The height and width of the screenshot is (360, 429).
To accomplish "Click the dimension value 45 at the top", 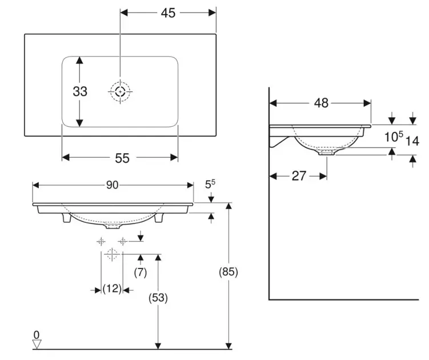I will pos(168,12).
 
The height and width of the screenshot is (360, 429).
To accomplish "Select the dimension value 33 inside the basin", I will pos(80,91).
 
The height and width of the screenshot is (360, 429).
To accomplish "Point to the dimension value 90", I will pos(113,185).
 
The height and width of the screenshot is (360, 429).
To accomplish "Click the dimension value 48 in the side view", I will pos(321,103).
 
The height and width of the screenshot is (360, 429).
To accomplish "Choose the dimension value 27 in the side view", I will pos(299,175).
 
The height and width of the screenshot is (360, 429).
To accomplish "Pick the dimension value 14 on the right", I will pos(412,141).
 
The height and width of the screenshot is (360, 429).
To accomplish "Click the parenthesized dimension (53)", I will pos(157,297).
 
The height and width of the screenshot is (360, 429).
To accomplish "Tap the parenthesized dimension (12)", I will pos(112,289).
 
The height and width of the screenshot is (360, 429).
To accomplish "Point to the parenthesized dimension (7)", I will pos(140,273).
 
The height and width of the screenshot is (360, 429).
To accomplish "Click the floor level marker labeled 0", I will pos(37,342).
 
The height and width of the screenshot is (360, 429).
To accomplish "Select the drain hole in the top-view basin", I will pos(120,91).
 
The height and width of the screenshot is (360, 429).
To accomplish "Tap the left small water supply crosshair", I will pos(101,241).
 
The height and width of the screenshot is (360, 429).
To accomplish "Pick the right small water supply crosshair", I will pos(122,241).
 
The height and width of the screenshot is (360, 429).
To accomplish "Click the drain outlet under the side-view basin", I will pos(327,153).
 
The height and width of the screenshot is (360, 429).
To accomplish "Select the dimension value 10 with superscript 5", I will pos(393,137).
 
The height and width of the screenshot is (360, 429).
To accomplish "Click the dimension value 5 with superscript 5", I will pos(210,185).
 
